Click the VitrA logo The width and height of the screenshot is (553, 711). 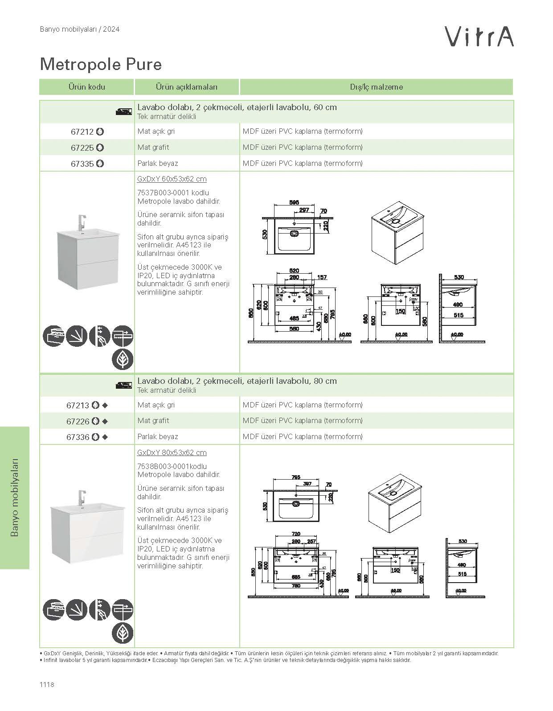point(480,36)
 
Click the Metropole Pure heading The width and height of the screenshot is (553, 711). point(101,64)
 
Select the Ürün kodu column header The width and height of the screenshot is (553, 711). point(86,87)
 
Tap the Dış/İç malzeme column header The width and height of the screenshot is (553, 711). point(376,87)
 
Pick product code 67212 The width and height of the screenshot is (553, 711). point(82,132)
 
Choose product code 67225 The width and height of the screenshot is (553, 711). point(82,148)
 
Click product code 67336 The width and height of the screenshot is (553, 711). point(78,437)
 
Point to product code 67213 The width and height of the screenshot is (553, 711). point(78,406)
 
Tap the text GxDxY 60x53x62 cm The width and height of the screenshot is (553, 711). point(172,179)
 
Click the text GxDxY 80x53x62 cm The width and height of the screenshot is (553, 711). point(172,452)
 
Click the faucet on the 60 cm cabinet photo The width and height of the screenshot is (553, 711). point(81,222)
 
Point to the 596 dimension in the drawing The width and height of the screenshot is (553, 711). point(294,202)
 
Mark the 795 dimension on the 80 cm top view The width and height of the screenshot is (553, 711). point(295,477)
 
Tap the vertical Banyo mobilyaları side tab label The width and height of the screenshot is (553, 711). point(14,497)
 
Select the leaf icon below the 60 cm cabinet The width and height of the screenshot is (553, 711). point(122,359)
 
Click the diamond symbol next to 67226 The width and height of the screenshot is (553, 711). point(105,421)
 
